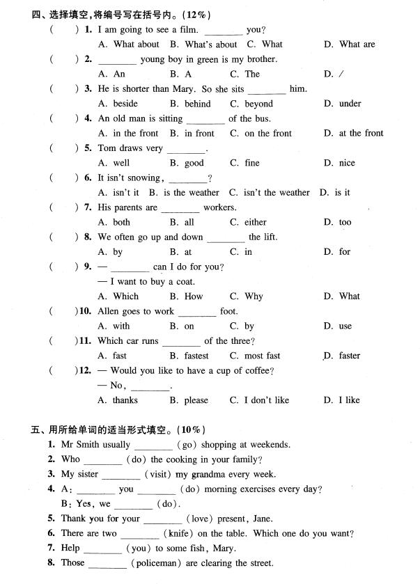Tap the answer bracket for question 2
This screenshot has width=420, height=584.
tap(63, 59)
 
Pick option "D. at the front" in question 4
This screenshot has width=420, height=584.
tap(353, 134)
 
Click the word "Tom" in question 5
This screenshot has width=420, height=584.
tap(107, 148)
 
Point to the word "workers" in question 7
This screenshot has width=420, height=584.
tap(219, 207)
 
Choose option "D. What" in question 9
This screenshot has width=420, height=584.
tap(341, 297)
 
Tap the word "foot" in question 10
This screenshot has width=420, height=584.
tap(228, 311)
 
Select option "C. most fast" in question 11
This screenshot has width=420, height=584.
tap(255, 356)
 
